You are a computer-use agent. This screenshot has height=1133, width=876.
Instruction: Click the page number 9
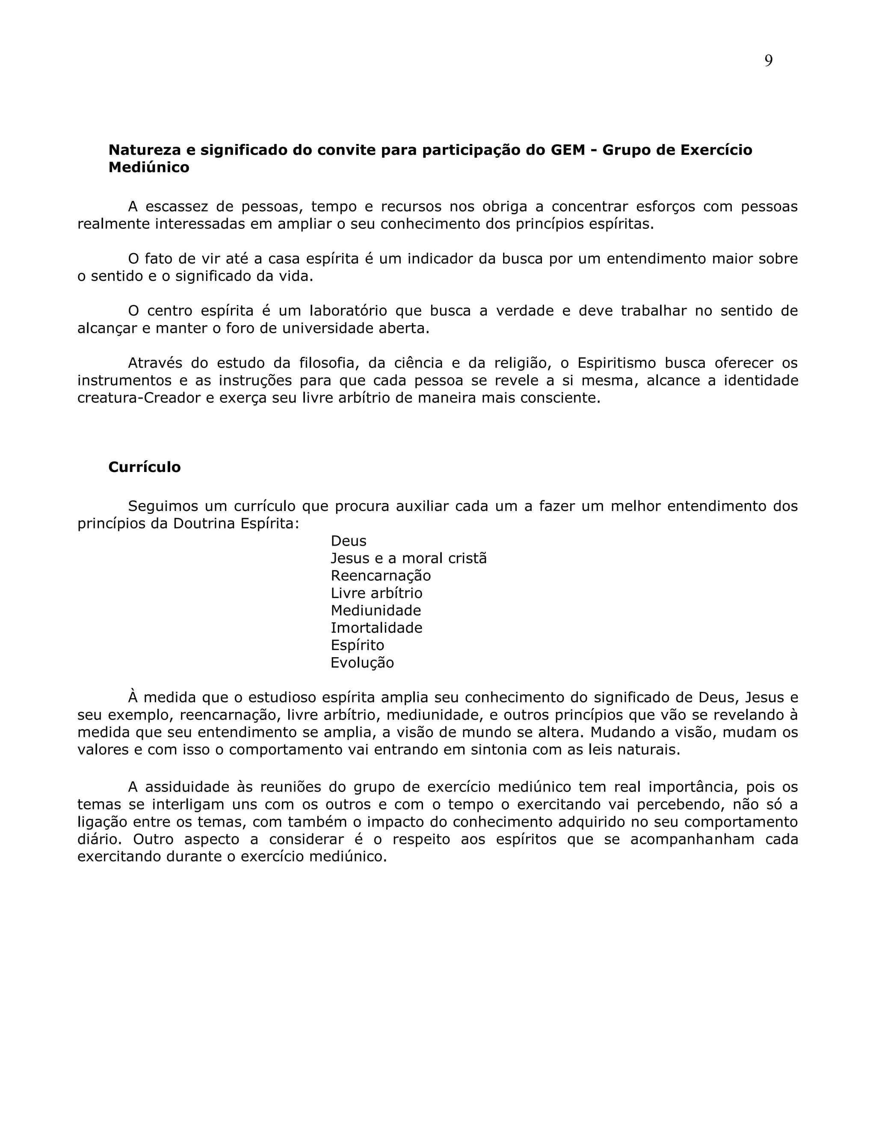click(768, 61)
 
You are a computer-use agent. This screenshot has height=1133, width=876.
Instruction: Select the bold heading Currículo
click(144, 467)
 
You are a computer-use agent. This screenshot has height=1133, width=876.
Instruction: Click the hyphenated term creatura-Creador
click(139, 398)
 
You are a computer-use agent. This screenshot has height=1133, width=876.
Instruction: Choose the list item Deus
click(348, 541)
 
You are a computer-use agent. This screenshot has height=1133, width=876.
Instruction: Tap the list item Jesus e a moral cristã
click(408, 558)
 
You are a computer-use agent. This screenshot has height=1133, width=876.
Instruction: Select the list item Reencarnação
click(380, 576)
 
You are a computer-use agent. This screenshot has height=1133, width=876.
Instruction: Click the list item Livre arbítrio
click(376, 593)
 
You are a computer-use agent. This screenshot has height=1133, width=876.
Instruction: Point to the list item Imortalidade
click(376, 628)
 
